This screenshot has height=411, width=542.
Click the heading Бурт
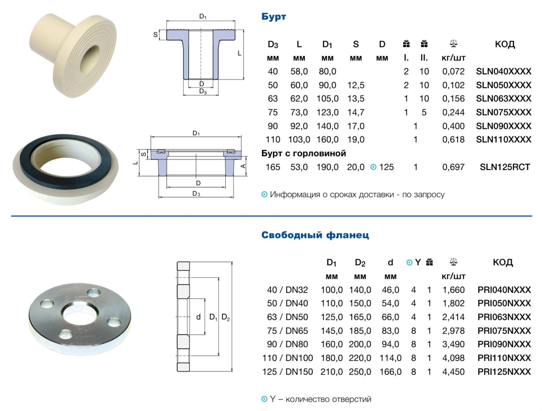(274, 17)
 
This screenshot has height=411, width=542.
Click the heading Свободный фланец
(315, 235)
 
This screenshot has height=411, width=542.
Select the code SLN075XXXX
(504, 112)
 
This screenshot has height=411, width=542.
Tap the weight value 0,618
(453, 140)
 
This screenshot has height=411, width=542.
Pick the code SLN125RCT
(505, 167)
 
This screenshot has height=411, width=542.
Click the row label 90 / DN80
(287, 344)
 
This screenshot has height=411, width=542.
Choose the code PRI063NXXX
(504, 317)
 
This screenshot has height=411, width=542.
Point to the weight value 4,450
(453, 372)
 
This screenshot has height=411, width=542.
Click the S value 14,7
(356, 112)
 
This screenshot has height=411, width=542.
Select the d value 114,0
(390, 358)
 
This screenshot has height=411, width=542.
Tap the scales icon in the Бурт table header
(453, 44)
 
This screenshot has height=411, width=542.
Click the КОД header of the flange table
(503, 262)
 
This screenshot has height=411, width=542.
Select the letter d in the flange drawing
(198, 317)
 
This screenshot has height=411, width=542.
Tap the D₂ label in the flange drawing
(226, 317)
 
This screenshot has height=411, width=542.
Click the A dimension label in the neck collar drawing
(243, 166)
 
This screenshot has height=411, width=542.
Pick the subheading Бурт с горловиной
(303, 153)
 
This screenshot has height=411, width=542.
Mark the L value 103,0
(299, 140)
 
